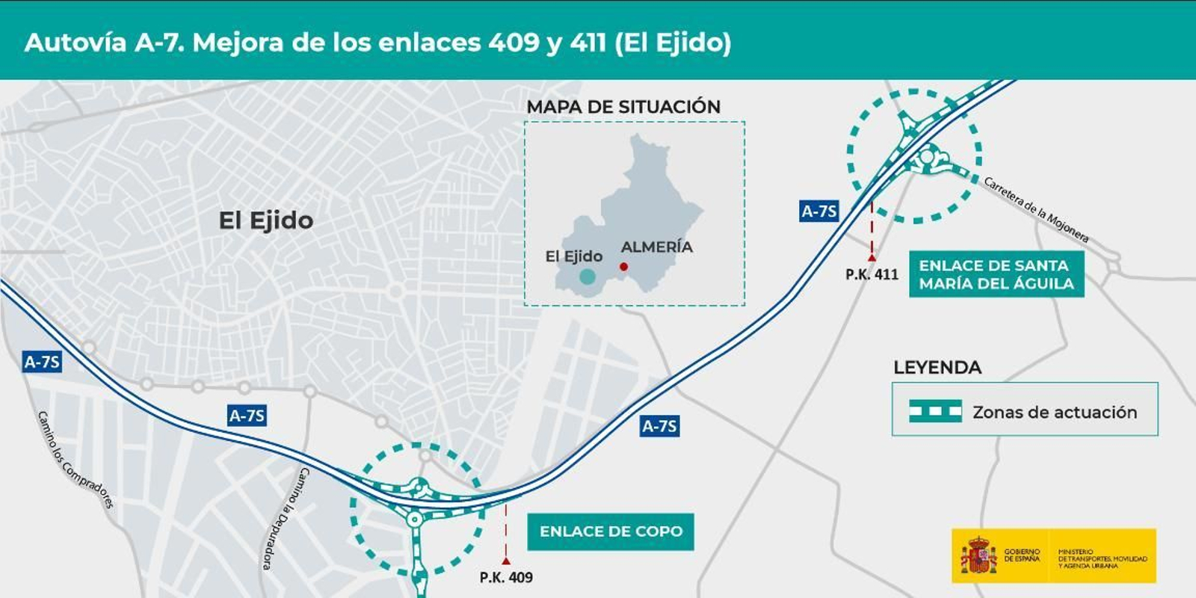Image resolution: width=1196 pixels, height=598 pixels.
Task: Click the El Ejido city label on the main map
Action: pos(265,221)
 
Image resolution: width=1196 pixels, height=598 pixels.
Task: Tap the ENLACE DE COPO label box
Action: pos(611,531)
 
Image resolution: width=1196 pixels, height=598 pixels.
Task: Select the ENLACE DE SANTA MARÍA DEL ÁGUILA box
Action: pos(996,274)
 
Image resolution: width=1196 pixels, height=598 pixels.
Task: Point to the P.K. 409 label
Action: pos(506,577)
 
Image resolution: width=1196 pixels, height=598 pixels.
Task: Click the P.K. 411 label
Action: pos(872,274)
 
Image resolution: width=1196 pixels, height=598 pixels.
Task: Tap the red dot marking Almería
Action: pos(623,267)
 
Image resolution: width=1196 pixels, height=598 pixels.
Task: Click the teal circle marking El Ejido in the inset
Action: pos(588,277)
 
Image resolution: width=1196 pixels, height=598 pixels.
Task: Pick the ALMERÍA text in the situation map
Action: pos(656,247)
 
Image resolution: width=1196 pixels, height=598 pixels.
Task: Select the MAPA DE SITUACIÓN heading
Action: pos(623,107)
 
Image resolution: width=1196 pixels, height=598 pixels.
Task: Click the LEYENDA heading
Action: pos(937,367)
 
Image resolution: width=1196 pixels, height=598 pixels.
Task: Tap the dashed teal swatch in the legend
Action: pos(935,411)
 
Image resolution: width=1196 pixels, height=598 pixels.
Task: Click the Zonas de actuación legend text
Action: pos(1054,412)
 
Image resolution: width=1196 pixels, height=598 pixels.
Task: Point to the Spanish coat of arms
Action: pos(978,556)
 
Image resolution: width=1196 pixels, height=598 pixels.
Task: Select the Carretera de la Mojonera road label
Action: pos(1036,209)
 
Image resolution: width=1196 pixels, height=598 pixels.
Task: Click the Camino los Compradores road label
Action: pos(75,460)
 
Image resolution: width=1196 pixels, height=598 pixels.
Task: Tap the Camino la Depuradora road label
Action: pos(285,519)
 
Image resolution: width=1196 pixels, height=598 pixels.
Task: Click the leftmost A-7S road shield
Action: pos(42,362)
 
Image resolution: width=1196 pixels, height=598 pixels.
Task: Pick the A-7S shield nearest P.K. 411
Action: pos(819,212)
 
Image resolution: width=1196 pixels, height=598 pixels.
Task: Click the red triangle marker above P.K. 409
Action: pos(506,560)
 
